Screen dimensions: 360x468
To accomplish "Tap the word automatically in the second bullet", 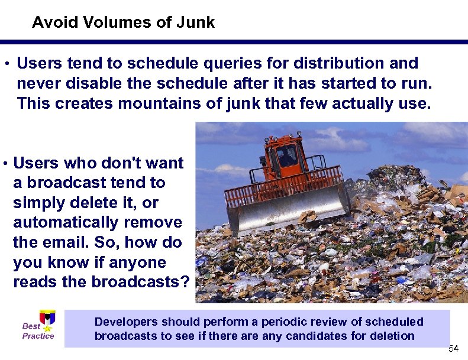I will pos(98,223).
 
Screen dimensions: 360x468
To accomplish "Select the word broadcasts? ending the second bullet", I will pos(141,283).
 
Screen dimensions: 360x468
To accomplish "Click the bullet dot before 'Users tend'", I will pos(5,63).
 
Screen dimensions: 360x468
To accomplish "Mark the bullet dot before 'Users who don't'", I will pos(5,163).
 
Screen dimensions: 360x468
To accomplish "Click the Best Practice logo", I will pos(40,326).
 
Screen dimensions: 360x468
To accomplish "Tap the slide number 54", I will pos(453,348).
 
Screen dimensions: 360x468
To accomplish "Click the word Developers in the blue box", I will pos(127,322).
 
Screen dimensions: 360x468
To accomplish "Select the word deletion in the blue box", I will pos(393,336).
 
